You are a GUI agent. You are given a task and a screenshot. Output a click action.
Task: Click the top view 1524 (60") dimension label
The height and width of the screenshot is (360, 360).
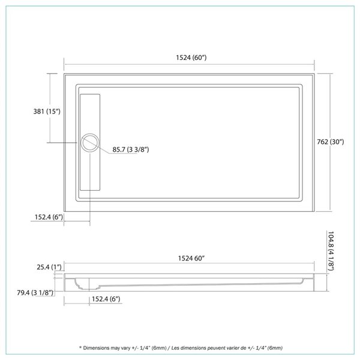(191, 58)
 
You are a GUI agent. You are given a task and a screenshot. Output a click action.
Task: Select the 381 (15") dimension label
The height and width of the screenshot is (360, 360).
(46, 112)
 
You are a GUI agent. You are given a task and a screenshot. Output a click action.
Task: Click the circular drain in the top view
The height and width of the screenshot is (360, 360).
(89, 142)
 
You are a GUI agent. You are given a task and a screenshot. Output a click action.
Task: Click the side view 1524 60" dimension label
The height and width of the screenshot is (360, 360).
(190, 259)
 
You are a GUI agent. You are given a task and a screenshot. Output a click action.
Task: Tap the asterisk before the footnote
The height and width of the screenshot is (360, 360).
(79, 348)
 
